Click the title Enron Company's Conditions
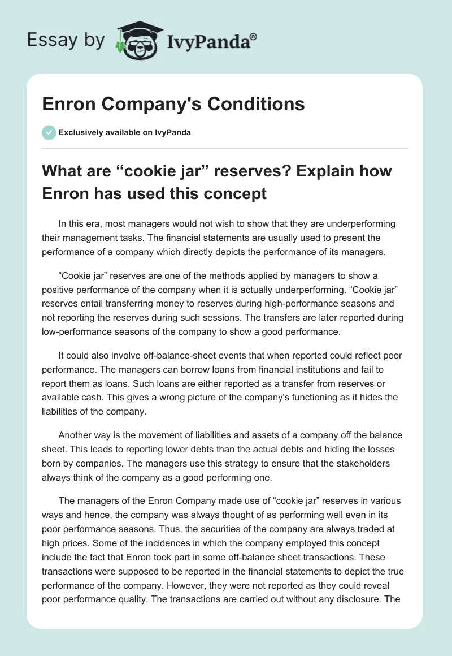tap(173, 105)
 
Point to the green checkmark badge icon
tap(49, 132)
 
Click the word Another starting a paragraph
tap(76, 435)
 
